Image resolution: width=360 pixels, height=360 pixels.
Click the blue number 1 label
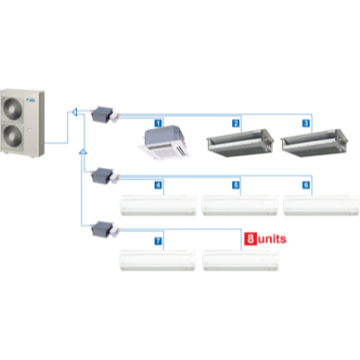(158, 123)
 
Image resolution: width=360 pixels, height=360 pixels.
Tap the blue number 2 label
(236, 123)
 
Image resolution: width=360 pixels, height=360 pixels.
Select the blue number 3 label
(306, 123)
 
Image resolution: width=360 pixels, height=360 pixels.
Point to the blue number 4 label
(158, 185)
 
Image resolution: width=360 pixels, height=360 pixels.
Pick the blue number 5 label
(236, 185)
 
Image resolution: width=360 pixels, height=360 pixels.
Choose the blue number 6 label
(306, 185)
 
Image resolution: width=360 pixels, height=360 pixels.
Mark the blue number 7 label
(158, 241)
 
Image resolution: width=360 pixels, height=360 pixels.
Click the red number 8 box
(251, 238)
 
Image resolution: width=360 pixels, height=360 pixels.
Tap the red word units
(272, 239)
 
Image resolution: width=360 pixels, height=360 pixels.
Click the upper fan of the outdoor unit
(13, 108)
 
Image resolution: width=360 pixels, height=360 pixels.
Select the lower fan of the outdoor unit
(13, 136)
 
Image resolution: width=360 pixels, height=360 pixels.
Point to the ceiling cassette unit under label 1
(163, 143)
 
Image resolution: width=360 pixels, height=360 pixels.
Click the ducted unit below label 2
(240, 143)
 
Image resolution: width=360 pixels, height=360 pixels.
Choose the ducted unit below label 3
(315, 143)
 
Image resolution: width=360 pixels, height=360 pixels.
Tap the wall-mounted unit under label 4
(158, 205)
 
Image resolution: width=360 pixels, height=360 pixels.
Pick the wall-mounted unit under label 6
(321, 205)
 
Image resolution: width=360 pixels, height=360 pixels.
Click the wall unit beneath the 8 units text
(240, 261)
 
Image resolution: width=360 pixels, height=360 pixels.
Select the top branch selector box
(103, 114)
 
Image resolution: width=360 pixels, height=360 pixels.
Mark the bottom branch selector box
(103, 229)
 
